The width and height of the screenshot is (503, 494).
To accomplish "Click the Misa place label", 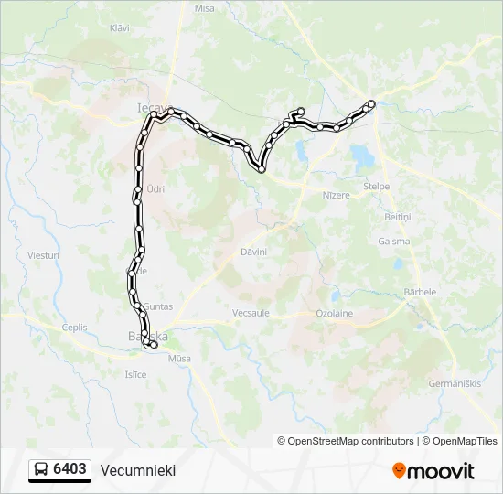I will (x=204, y=7).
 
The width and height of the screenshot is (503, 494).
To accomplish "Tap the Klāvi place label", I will (x=120, y=28).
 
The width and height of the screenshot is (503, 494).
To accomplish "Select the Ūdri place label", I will (x=155, y=188).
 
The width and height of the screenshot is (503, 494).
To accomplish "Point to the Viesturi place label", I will (x=43, y=255).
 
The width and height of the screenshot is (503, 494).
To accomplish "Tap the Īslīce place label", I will (x=134, y=374).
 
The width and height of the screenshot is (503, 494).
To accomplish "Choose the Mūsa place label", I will (x=180, y=359).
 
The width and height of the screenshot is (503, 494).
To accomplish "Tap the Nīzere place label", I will (x=336, y=195).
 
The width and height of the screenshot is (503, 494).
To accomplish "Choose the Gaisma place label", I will (x=394, y=242).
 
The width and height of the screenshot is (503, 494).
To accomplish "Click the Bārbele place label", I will (x=420, y=292).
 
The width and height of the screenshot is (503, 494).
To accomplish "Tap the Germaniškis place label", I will (x=454, y=382).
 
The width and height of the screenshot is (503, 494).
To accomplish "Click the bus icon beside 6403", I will (x=41, y=469).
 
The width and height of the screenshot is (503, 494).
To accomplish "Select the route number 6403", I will (x=70, y=469).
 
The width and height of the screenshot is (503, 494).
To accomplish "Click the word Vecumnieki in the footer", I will (x=138, y=470).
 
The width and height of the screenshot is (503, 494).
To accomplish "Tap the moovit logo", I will (x=433, y=471).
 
